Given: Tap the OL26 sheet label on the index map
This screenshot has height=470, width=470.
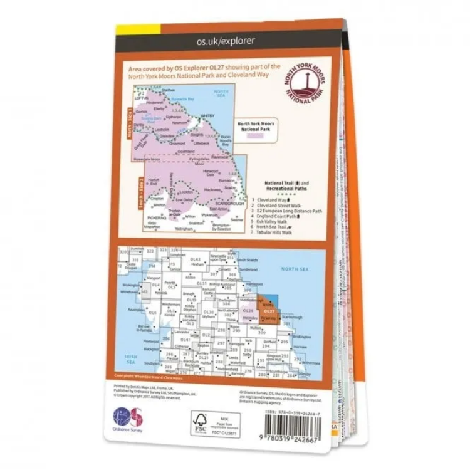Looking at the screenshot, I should pyautogui.click(x=248, y=311).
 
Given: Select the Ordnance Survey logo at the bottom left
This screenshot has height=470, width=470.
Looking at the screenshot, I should pyautogui.click(x=128, y=419).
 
